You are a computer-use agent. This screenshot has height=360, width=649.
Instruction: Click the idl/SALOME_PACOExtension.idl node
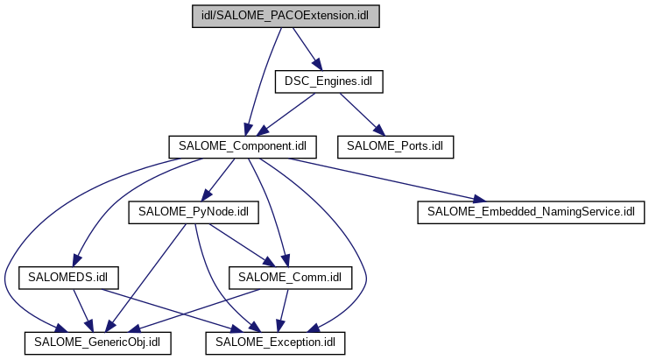click(286, 18)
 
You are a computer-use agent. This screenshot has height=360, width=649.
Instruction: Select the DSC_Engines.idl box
click(329, 81)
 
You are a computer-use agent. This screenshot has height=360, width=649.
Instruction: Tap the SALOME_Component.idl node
click(242, 145)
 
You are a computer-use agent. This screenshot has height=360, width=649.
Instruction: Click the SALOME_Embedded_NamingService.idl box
click(532, 212)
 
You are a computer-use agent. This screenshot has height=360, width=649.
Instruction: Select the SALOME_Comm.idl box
click(290, 278)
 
